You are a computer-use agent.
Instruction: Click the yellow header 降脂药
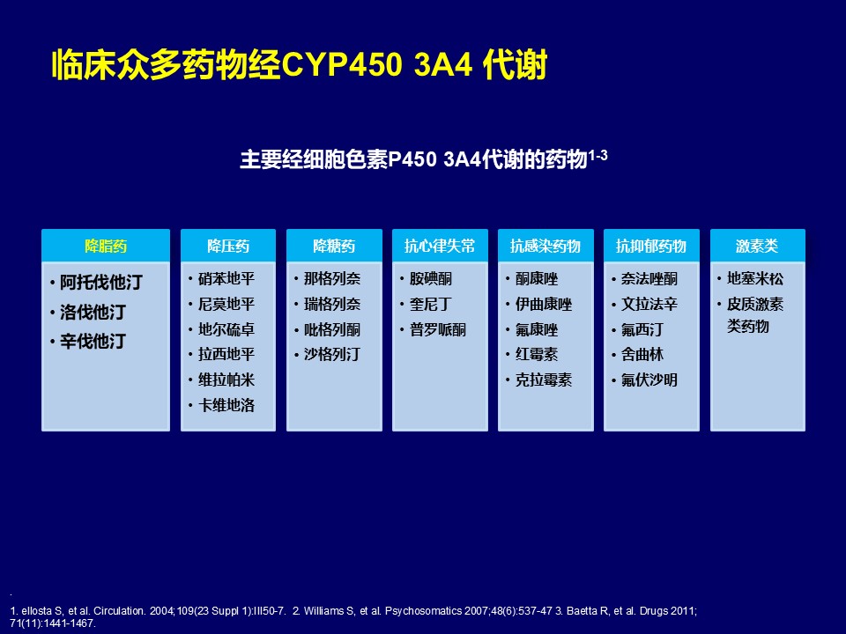click(106, 247)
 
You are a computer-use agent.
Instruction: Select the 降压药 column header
click(228, 247)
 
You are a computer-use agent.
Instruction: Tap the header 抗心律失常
click(440, 247)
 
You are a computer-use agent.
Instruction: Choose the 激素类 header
click(757, 247)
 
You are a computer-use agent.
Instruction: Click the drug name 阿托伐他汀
click(100, 282)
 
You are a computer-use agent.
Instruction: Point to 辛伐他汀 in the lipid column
click(93, 341)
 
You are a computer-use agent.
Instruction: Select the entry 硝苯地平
click(226, 279)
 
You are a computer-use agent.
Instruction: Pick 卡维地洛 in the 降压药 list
click(226, 405)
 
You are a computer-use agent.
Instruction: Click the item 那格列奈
click(332, 279)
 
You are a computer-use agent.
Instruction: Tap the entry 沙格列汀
click(332, 355)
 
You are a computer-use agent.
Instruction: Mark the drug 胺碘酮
click(431, 279)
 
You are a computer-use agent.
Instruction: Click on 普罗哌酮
click(438, 329)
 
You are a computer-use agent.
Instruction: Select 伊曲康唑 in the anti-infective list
click(544, 304)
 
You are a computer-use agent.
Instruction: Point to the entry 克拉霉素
click(544, 380)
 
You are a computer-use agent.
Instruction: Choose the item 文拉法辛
click(649, 304)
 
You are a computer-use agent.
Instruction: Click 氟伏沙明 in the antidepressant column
click(649, 380)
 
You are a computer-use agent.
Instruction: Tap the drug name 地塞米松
click(755, 279)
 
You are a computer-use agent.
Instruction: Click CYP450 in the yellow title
click(343, 64)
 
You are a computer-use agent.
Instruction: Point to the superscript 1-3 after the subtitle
click(597, 155)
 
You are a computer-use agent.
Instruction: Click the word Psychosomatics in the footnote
click(424, 611)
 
